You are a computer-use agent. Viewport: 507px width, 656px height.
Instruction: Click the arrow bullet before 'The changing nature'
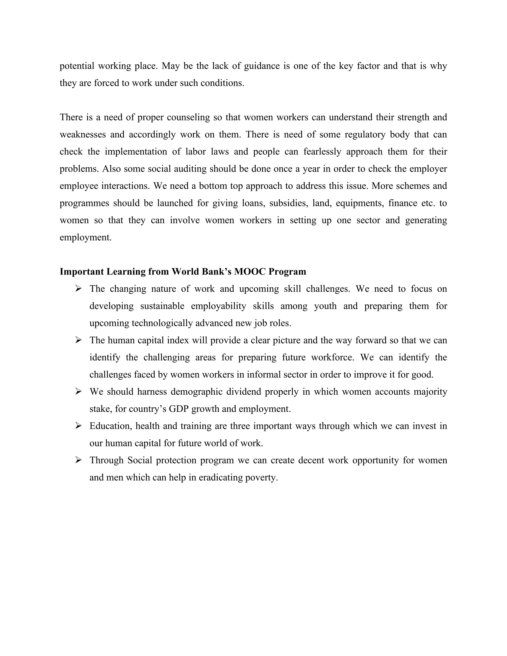tap(78, 289)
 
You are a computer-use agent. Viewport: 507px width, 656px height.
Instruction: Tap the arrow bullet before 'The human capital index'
tap(78, 340)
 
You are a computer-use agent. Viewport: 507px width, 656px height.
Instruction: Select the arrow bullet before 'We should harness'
tap(78, 391)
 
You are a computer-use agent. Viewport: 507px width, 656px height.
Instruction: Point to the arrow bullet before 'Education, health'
tap(78, 426)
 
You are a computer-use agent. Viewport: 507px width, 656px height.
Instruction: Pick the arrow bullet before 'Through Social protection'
tap(78, 460)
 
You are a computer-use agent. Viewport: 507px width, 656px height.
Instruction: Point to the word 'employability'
tap(218, 306)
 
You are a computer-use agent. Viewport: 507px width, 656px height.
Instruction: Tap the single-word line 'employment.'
tap(86, 238)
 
